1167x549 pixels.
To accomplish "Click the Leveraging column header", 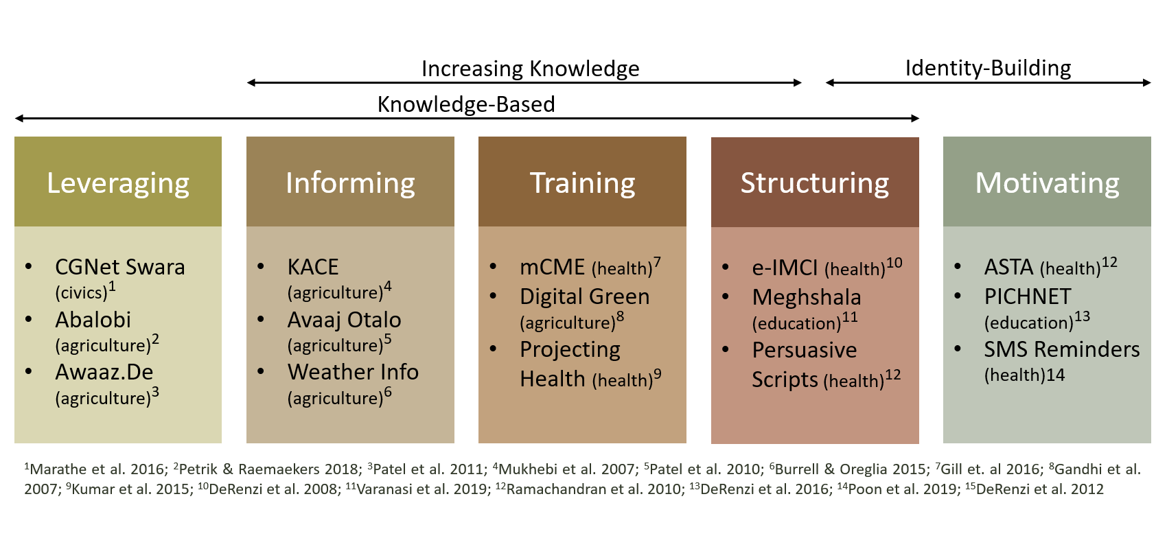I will click(118, 183).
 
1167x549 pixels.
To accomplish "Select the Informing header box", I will click(350, 183).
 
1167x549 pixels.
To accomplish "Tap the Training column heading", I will click(582, 183).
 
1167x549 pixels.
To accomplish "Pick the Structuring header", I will click(815, 183).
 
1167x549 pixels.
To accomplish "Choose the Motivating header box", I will click(1047, 183).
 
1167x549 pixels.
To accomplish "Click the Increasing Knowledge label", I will click(530, 69).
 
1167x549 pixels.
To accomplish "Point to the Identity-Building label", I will click(988, 68).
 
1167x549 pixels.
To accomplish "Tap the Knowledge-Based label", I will click(466, 104).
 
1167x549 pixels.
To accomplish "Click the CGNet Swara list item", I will click(120, 267).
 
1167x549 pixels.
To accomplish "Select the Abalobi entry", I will click(93, 320).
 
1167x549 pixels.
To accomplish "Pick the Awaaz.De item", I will click(104, 372).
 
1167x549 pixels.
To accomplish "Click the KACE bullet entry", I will click(313, 267).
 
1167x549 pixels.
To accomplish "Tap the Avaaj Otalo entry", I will click(344, 320).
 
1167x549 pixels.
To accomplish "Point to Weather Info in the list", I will click(353, 372).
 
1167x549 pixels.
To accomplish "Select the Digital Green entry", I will click(584, 296).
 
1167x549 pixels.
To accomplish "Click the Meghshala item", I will click(806, 297).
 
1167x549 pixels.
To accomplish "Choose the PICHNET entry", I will click(1027, 296).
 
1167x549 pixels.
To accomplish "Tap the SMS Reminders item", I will click(1061, 349).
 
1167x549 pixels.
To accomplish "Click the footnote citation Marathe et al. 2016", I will click(96, 469).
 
